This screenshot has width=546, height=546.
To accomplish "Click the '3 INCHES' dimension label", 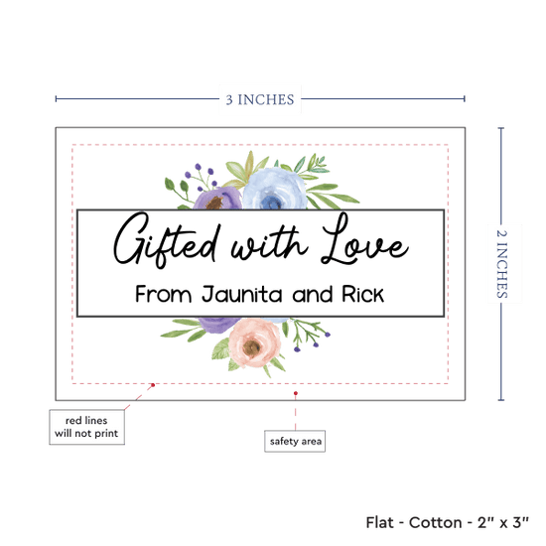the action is click(260, 99).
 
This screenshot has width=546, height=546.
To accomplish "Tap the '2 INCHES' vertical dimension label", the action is click(501, 264).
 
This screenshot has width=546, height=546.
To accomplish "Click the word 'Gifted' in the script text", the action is click(167, 240).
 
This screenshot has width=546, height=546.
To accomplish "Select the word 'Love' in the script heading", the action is click(364, 239).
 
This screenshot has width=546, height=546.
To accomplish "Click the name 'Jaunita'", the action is click(241, 295).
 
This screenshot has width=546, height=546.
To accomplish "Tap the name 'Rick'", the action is click(362, 294).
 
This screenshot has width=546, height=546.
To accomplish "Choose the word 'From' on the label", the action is click(164, 294).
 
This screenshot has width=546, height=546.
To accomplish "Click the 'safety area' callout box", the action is click(295, 441).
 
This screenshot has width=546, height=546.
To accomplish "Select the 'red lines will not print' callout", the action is click(86, 427).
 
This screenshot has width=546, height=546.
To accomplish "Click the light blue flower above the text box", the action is click(275, 189).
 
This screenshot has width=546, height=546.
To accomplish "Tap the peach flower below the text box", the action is click(254, 343).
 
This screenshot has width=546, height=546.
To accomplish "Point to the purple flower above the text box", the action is click(217, 199).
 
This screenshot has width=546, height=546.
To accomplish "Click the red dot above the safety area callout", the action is click(296, 393).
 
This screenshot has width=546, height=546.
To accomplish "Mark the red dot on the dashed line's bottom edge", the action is click(153, 385).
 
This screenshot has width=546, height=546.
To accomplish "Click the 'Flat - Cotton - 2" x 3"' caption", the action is click(447, 522).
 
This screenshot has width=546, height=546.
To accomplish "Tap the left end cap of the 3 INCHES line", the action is click(56, 99).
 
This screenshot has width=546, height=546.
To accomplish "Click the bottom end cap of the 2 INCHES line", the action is click(501, 400).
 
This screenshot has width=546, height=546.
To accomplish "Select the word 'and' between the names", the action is click(312, 295).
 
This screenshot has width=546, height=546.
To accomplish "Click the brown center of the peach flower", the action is click(251, 347).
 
